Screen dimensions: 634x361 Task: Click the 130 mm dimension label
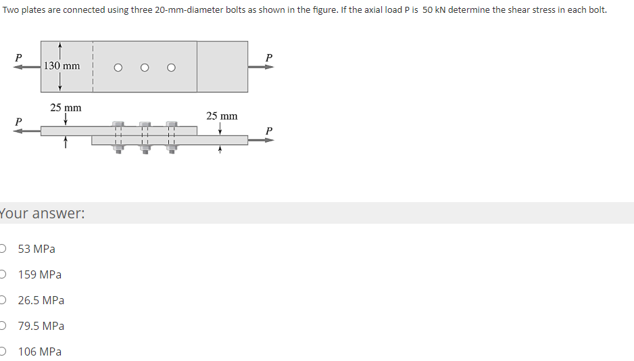point(62,66)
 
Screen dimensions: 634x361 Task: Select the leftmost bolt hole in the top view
point(118,68)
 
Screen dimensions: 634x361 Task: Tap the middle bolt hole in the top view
point(145,68)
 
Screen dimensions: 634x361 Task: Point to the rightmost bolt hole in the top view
point(172,68)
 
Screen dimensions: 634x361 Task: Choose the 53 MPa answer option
point(36,249)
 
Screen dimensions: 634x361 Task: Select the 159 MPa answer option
point(40,274)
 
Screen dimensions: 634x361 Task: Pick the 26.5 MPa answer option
point(41,300)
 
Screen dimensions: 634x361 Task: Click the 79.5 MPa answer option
point(41,326)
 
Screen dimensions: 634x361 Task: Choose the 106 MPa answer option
point(40,352)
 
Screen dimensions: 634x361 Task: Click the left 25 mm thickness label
point(66,107)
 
